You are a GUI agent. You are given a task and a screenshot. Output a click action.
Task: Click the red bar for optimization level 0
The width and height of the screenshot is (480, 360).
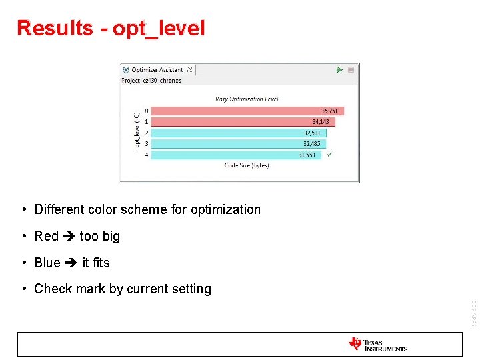pyautogui.click(x=247, y=111)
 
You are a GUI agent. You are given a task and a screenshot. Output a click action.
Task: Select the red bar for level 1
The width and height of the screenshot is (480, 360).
pyautogui.click(x=240, y=122)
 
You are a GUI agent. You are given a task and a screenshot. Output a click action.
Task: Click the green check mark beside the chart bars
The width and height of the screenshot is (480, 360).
pyautogui.click(x=329, y=155)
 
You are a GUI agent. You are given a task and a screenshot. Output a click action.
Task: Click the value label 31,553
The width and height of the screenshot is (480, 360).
pyautogui.click(x=307, y=155)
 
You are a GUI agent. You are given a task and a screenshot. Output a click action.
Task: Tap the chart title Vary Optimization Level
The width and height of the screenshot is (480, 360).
pyautogui.click(x=247, y=99)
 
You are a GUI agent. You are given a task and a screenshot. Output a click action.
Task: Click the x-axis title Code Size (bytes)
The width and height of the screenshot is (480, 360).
pyautogui.click(x=247, y=165)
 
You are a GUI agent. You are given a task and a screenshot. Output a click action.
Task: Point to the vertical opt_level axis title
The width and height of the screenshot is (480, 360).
pyautogui.click(x=136, y=133)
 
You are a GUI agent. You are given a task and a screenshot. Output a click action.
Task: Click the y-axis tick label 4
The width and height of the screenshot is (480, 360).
pyautogui.click(x=146, y=155)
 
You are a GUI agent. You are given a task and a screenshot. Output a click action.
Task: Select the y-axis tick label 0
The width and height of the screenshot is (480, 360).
pyautogui.click(x=146, y=111)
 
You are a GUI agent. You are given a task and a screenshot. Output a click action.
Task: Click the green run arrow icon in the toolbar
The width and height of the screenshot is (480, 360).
pyautogui.click(x=339, y=69)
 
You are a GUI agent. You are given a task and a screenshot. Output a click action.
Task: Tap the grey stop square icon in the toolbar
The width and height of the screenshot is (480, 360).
pyautogui.click(x=351, y=69)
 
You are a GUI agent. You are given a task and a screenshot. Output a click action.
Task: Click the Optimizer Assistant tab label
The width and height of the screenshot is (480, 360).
pyautogui.click(x=157, y=69)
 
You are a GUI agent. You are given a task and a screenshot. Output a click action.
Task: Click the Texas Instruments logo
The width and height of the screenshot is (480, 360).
pyautogui.click(x=378, y=344)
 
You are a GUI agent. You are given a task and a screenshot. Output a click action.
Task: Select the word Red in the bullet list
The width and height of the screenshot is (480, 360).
pyautogui.click(x=46, y=236)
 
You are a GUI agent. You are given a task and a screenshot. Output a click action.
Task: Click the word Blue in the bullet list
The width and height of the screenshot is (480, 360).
pyautogui.click(x=47, y=263)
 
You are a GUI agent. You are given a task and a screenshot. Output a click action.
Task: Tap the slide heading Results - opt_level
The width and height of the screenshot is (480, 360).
pyautogui.click(x=111, y=28)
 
